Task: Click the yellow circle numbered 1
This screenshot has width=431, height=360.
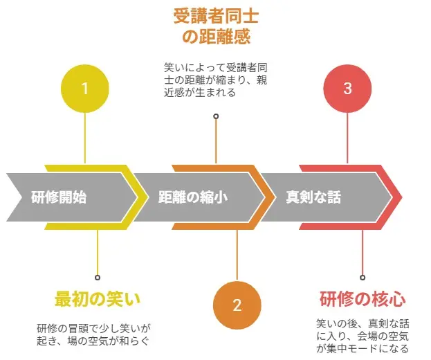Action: point(85,89)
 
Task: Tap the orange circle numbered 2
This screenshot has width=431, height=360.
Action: point(237,305)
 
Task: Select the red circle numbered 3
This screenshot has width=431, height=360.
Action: point(348,89)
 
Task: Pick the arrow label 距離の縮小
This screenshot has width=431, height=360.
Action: point(193,197)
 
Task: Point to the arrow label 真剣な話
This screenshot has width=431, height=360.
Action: point(313,197)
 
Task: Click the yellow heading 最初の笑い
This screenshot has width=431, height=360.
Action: point(98,299)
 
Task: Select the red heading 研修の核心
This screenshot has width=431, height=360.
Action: point(363,299)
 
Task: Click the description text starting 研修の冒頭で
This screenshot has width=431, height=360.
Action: point(98,334)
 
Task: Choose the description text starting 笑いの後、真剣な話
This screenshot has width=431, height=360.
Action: point(363,336)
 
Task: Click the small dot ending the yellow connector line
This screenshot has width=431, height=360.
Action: point(98,277)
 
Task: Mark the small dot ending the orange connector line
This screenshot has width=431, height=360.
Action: point(216,116)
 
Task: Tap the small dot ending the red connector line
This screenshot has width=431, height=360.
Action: point(363,277)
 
